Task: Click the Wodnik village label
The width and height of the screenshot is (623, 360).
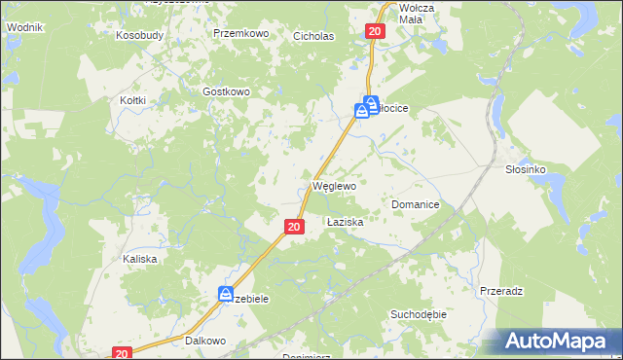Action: point(25,27)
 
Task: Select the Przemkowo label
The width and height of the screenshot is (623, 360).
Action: point(240,33)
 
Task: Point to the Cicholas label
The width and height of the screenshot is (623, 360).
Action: point(313,37)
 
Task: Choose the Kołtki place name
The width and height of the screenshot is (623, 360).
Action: point(132,100)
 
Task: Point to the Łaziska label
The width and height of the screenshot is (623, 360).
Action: point(345,223)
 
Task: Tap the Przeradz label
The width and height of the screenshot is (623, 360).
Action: point(502,291)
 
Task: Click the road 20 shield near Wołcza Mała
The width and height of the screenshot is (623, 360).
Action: point(377,32)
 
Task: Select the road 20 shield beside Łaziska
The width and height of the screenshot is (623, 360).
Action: point(296,227)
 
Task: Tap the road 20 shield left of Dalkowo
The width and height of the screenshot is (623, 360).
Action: point(121,354)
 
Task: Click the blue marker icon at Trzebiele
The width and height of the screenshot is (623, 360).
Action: point(226,293)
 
